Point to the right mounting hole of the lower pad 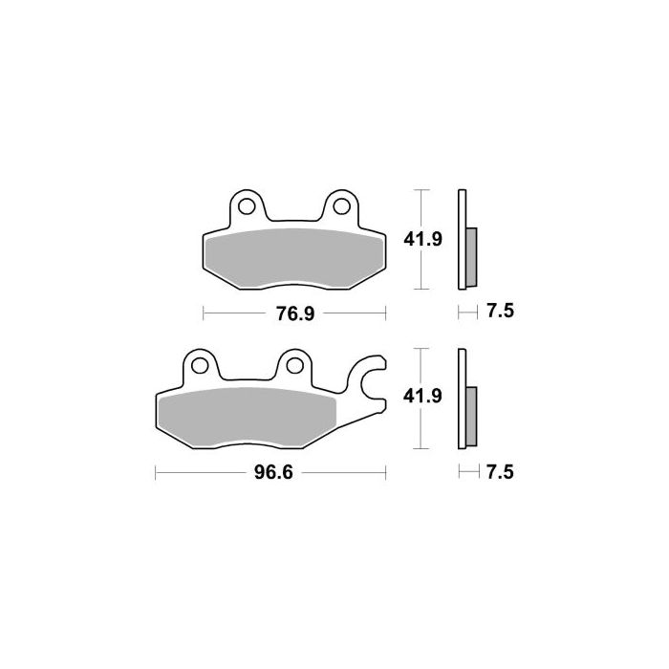(292, 363)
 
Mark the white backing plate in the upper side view (462, 239)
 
